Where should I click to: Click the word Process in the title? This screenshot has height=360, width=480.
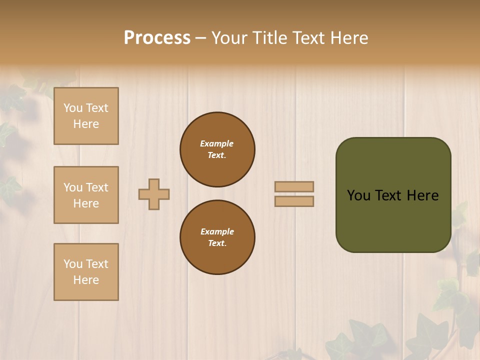click(157, 38)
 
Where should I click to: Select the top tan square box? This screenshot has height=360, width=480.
click(86, 116)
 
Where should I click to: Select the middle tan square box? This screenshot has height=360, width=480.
click(86, 195)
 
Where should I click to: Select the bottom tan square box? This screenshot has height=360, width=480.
click(86, 272)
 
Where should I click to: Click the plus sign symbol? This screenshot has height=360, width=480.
click(154, 194)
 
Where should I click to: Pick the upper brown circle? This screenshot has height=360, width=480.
click(217, 149)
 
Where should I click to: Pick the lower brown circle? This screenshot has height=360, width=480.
click(217, 237)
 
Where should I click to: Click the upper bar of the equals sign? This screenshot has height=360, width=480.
click(294, 186)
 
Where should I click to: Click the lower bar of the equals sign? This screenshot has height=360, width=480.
click(294, 201)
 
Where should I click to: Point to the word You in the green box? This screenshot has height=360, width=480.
click(358, 195)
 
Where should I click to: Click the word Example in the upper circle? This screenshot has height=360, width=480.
click(216, 143)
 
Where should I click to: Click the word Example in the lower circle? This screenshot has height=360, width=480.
click(217, 231)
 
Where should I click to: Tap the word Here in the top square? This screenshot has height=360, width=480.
click(86, 124)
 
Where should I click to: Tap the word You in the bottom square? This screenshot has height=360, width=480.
click(73, 264)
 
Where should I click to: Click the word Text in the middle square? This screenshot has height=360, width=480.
click(96, 187)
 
